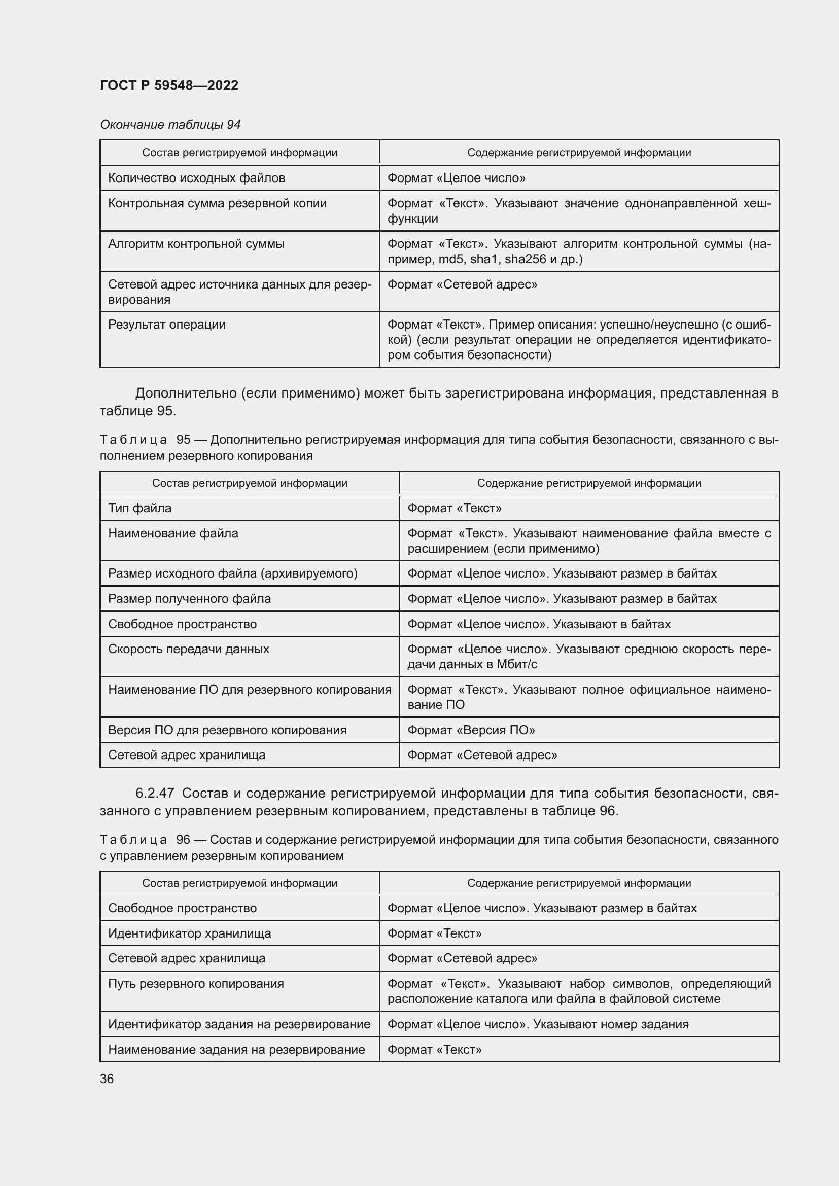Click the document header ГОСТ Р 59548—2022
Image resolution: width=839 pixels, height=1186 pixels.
(x=169, y=85)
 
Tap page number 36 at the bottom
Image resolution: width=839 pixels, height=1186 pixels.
(x=107, y=1079)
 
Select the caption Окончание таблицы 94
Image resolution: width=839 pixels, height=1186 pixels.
(x=170, y=125)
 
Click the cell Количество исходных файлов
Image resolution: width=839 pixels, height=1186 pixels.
(x=196, y=178)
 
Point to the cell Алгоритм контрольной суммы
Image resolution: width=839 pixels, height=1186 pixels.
(x=196, y=244)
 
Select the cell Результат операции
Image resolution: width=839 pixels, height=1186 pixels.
(x=167, y=325)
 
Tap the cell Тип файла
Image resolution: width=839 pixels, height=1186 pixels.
(x=139, y=508)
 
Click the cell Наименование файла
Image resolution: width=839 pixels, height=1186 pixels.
(x=173, y=533)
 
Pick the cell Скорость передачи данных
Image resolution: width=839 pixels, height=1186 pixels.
(x=189, y=649)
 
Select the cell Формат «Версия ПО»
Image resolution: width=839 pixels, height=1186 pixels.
(x=471, y=730)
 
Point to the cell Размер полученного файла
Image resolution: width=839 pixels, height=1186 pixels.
(x=189, y=599)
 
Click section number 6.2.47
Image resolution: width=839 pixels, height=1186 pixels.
(x=155, y=793)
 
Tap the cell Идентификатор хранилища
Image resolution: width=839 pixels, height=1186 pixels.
(x=189, y=933)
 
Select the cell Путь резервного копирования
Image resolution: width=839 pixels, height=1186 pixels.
(x=196, y=984)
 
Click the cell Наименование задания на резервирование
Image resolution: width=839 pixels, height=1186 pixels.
(x=236, y=1049)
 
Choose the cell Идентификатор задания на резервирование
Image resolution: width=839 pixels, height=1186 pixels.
(x=239, y=1024)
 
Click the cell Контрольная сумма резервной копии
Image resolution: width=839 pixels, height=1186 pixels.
(x=217, y=203)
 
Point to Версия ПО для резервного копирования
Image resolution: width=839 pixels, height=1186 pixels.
(x=227, y=730)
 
